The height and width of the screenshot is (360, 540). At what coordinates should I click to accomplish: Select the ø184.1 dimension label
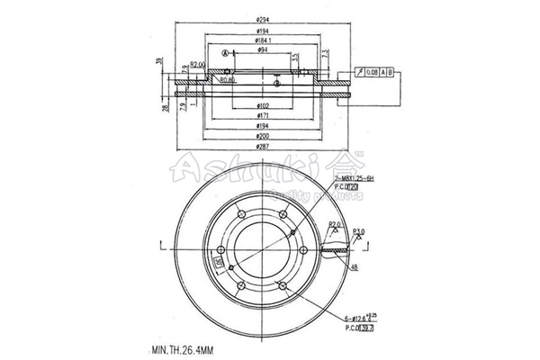[263, 40]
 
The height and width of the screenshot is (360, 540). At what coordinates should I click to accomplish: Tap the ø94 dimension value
[262, 50]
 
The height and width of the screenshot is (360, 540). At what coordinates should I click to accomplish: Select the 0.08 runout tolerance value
[373, 71]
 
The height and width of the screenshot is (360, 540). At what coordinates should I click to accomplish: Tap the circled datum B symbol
[278, 85]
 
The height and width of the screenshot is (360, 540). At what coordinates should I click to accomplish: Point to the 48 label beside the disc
[355, 267]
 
